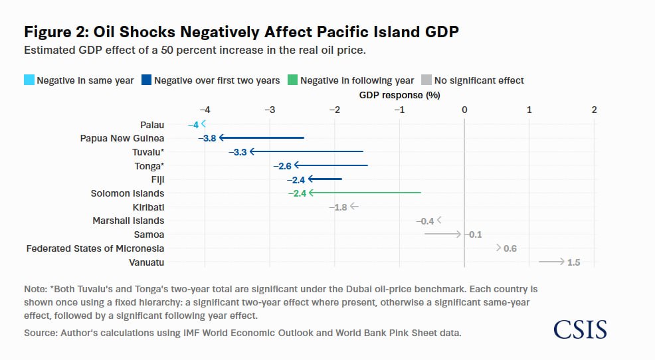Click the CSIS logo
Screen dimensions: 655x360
pyautogui.click(x=580, y=329)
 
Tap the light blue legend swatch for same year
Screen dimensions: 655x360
pyautogui.click(x=29, y=80)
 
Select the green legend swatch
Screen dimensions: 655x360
pyautogui.click(x=293, y=80)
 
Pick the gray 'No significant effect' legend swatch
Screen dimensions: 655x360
pyautogui.click(x=426, y=80)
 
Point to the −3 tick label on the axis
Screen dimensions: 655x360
pyautogui.click(x=270, y=110)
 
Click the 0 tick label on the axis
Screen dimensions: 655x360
pyautogui.click(x=464, y=110)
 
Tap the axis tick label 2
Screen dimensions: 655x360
pyautogui.click(x=594, y=110)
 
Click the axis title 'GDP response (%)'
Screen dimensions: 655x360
pyautogui.click(x=399, y=95)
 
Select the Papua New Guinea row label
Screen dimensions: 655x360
pyautogui.click(x=122, y=138)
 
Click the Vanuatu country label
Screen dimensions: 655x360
pyautogui.click(x=146, y=262)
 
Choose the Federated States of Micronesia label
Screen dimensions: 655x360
pyautogui.click(x=95, y=248)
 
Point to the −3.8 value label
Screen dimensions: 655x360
pyautogui.click(x=207, y=138)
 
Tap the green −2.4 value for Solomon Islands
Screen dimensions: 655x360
pyautogui.click(x=297, y=193)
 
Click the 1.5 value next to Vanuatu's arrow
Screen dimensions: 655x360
pyautogui.click(x=573, y=262)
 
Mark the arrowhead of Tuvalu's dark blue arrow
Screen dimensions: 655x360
pyautogui.click(x=252, y=151)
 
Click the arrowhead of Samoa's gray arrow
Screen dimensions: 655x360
pyautogui.click(x=458, y=234)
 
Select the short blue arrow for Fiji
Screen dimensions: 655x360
pyautogui.click(x=325, y=179)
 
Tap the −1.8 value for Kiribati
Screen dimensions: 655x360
pyautogui.click(x=338, y=207)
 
